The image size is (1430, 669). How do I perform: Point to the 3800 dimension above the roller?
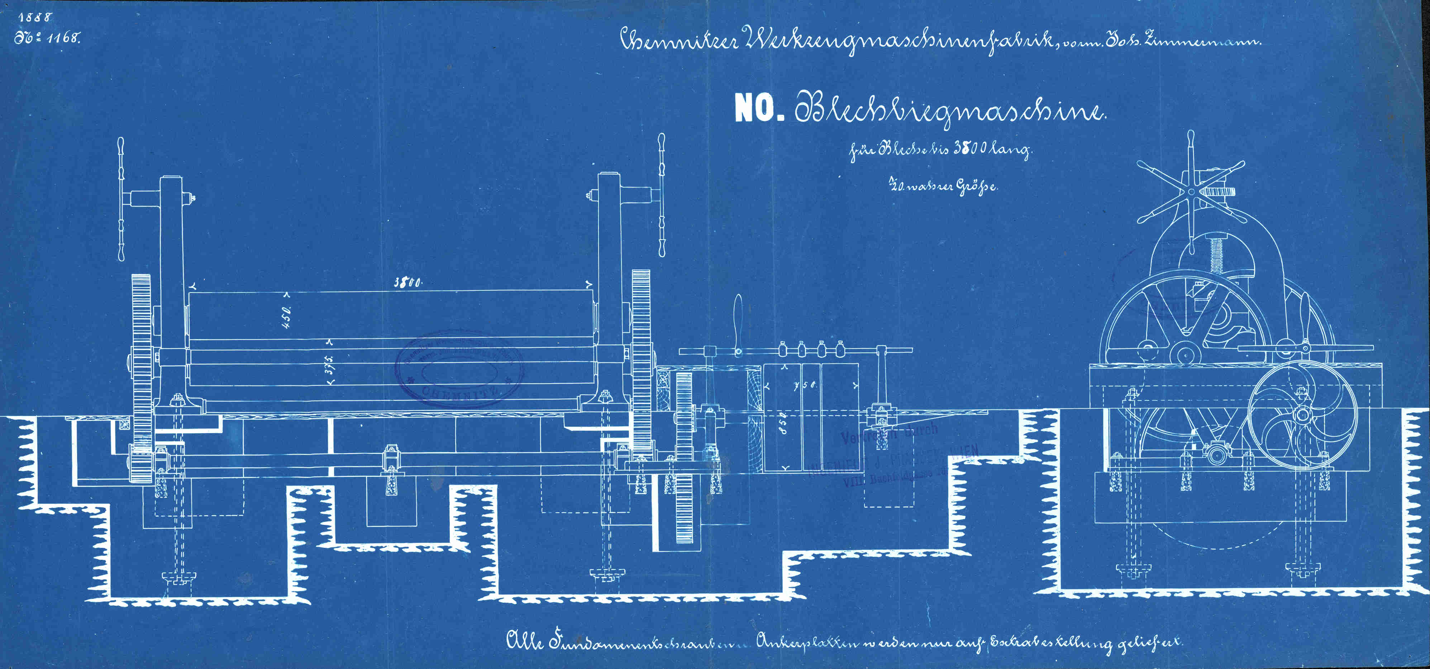pyautogui.click(x=408, y=282)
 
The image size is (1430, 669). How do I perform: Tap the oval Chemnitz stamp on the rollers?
pyautogui.click(x=459, y=369)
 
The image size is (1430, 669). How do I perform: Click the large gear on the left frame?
pyautogui.click(x=142, y=366)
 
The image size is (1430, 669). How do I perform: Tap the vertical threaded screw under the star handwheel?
pyautogui.click(x=1216, y=253)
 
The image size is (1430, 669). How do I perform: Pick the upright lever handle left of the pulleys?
pyautogui.click(x=738, y=328)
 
